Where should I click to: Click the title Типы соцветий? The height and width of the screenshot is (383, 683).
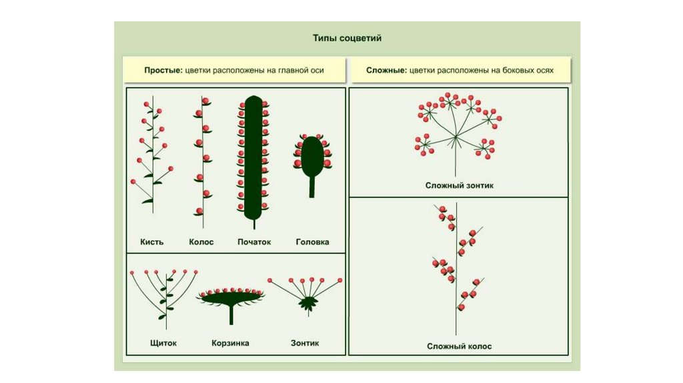click(347, 39)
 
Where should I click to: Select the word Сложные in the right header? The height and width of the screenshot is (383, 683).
click(386, 70)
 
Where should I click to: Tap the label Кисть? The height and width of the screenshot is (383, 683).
click(151, 242)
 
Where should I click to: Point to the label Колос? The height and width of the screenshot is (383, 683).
click(201, 242)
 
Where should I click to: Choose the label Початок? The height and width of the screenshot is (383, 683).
click(254, 242)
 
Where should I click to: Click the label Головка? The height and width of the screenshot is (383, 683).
click(312, 242)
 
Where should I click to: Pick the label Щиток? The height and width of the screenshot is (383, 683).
click(164, 344)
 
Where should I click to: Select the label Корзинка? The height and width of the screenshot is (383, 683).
click(231, 344)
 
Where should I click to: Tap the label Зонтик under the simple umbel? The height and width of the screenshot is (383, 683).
click(304, 344)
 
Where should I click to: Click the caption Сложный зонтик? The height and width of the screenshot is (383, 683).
click(459, 185)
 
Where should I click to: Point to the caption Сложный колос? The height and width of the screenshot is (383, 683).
click(459, 346)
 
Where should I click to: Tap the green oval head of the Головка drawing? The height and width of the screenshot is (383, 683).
click(311, 155)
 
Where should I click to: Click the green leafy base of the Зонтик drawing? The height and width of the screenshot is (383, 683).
click(307, 304)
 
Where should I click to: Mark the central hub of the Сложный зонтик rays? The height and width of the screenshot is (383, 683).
click(456, 137)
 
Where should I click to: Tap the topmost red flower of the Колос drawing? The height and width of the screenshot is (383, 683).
click(205, 101)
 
